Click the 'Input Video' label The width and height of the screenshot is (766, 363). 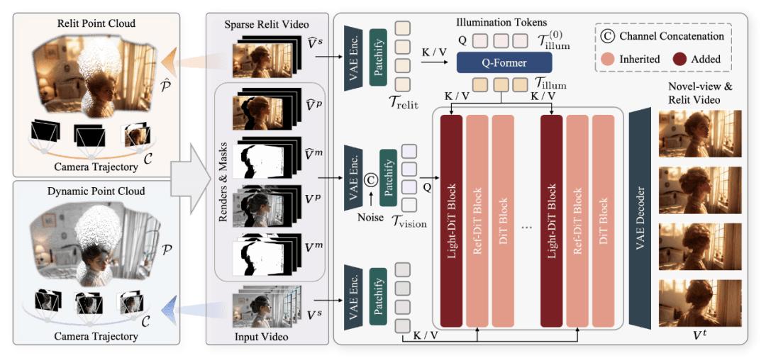pyautogui.click(x=262, y=337)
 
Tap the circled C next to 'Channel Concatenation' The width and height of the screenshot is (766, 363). pyautogui.click(x=608, y=35)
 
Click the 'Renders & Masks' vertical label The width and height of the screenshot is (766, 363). pyautogui.click(x=223, y=181)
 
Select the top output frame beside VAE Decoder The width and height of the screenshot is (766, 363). pyautogui.click(x=700, y=133)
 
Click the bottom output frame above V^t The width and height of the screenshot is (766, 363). pyautogui.click(x=700, y=303)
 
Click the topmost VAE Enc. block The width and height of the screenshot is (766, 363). pyautogui.click(x=353, y=58)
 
